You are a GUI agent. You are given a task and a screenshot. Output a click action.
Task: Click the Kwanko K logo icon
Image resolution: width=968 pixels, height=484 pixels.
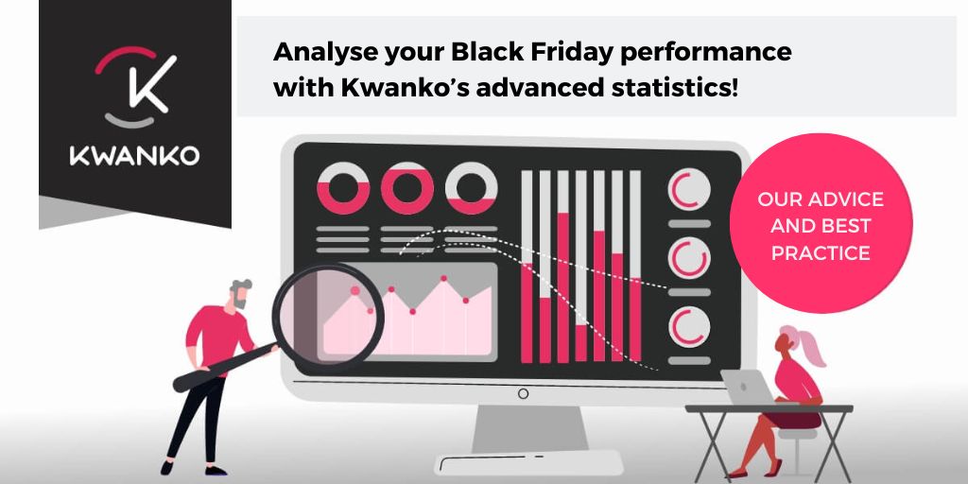(135, 87)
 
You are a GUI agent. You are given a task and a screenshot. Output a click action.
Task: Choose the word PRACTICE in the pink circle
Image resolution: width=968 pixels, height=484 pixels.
(821, 253)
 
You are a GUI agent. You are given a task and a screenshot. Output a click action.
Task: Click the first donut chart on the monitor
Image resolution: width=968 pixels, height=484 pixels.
(342, 187)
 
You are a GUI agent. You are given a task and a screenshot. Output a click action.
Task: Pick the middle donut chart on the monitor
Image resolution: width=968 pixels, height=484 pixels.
(406, 187)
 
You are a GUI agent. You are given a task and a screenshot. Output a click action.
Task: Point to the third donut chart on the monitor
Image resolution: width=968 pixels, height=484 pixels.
(471, 187)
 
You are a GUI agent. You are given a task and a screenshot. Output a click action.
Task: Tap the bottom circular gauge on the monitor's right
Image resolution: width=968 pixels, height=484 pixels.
(687, 326)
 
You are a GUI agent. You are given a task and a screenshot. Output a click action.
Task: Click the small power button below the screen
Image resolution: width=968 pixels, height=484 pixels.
(523, 393)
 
